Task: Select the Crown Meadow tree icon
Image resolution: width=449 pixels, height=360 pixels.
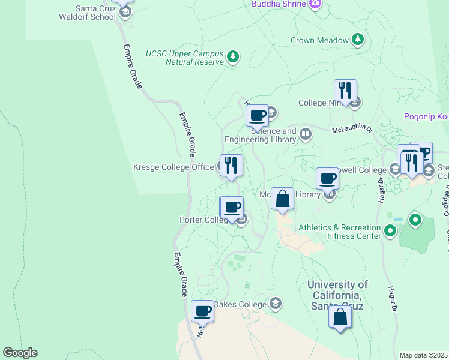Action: [x=358, y=40]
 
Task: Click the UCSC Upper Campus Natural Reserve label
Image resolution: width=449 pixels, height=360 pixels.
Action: [x=184, y=57]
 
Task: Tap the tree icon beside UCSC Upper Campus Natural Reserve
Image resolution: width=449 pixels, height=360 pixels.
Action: [x=233, y=57]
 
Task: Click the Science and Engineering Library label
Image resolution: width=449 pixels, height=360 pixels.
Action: [x=261, y=135]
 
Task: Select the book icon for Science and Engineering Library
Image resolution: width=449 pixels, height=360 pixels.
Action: [x=306, y=134]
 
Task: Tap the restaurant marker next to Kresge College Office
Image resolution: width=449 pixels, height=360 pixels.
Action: [x=231, y=165]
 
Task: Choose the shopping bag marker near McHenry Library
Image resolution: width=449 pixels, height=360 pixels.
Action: [x=282, y=198]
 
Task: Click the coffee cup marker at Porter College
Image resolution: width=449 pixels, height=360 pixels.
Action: [x=232, y=208]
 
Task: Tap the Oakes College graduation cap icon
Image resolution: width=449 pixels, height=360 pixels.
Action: [x=276, y=304]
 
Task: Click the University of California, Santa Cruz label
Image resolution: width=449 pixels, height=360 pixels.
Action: [x=337, y=295]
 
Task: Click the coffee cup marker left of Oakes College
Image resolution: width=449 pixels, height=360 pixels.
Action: [x=202, y=311]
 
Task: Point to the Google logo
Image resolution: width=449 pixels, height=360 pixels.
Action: [x=20, y=353]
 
